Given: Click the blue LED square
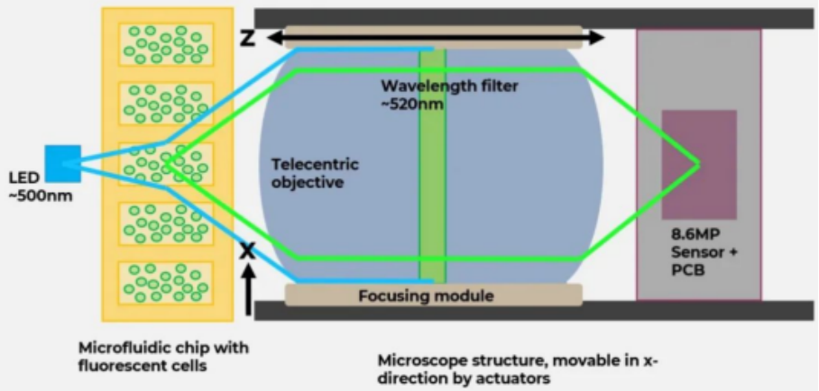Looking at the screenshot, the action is coord(62,163).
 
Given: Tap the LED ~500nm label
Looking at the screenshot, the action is coord(41,186).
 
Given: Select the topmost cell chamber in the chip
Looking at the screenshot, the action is coord(166,44).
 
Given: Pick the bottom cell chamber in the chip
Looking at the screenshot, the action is coord(166,283).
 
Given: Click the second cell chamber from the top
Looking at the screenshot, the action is coord(166,104).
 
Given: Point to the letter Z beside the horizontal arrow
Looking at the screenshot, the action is coord(247,38).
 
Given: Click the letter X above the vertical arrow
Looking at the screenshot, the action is coord(247,251).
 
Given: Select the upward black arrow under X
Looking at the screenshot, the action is coord(249,290).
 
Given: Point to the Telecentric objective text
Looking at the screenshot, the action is coord(315,174).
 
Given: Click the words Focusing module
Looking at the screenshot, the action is coord(426,296).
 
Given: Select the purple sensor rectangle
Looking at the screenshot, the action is coord(699,165).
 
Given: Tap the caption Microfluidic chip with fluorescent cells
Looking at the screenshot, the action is coord(163,357).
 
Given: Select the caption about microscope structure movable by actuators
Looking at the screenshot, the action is coord(517,369).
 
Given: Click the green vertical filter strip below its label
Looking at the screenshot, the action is coord(432,198).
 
